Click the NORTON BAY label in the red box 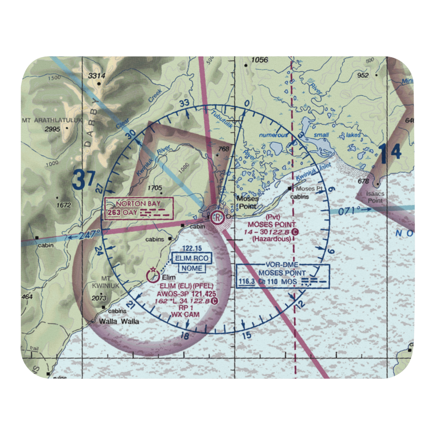click(x=139, y=203)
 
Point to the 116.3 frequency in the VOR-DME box click(x=247, y=282)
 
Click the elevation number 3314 click(x=97, y=76)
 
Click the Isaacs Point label click(x=375, y=197)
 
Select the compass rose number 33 click(x=184, y=103)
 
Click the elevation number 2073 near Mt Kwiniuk click(x=100, y=298)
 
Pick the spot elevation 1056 click(x=259, y=60)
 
